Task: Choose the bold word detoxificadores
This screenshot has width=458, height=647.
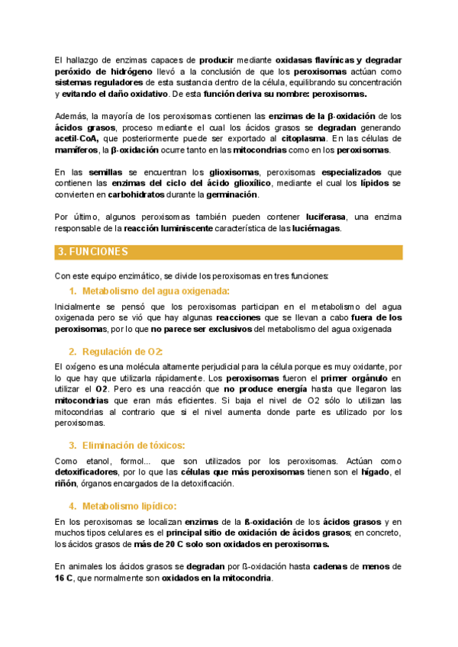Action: coord(89,473)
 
